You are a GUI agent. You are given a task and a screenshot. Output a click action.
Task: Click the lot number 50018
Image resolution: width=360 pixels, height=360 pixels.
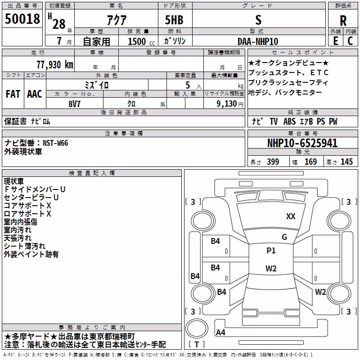(22, 18)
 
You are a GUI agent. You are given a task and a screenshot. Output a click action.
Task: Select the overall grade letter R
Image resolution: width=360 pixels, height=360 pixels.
(343, 21)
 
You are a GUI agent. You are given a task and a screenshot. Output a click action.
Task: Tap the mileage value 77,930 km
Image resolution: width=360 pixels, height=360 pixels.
(55, 65)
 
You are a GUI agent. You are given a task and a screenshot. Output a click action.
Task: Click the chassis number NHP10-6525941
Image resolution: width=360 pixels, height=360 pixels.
(302, 143)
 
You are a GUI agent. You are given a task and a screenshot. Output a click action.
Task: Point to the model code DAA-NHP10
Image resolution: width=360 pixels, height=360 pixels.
(258, 41)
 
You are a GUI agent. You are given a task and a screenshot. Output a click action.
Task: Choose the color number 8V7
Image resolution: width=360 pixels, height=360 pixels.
(74, 104)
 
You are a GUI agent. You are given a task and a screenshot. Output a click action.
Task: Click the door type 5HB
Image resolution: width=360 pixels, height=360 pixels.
(174, 20)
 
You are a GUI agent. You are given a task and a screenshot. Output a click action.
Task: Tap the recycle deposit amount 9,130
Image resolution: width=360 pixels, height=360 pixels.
(227, 104)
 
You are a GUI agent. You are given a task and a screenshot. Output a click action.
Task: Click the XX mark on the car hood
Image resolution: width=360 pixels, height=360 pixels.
(291, 216)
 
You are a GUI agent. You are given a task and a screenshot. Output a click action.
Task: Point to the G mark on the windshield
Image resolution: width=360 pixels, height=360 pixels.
(284, 237)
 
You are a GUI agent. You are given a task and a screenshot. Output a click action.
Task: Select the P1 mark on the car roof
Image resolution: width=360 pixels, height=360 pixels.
(271, 251)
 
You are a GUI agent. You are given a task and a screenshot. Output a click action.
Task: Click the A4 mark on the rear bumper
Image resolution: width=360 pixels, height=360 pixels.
(220, 332)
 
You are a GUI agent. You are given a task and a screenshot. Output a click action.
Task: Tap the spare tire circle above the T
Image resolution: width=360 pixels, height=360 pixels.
(197, 328)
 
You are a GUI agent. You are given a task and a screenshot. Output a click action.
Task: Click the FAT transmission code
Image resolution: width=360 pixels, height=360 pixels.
(13, 94)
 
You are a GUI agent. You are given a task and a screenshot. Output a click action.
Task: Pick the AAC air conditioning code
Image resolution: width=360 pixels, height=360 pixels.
(35, 94)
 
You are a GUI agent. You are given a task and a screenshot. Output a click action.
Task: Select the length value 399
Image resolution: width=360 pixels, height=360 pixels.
(273, 162)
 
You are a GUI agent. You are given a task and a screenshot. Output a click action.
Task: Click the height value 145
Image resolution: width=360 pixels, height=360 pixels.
(346, 162)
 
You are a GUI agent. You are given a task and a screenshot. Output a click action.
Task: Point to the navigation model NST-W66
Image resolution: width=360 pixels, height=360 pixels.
(55, 143)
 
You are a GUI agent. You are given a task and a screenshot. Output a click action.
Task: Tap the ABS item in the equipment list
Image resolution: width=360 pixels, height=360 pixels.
(289, 121)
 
